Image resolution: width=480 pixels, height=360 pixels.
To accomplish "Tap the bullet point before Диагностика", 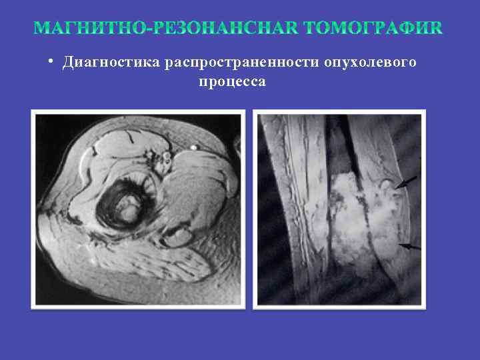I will pyautogui.click(x=51, y=62).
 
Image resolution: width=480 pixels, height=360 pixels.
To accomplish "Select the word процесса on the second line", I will pyautogui.click(x=232, y=82).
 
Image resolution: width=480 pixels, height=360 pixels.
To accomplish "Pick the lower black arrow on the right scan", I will pyautogui.click(x=411, y=247).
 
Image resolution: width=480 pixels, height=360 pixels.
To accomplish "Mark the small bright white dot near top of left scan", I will pyautogui.click(x=193, y=147).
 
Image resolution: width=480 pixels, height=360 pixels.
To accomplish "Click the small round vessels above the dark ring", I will pyautogui.click(x=162, y=159).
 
